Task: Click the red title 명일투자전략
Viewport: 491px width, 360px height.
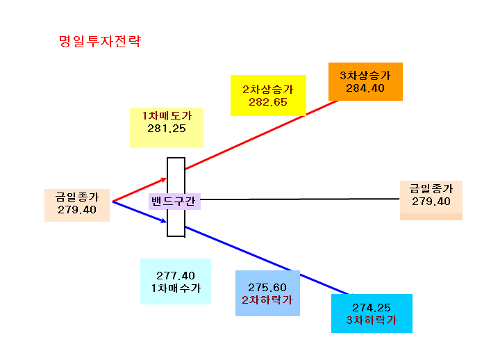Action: coord(100,42)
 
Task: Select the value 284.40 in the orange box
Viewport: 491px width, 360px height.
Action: coord(365,88)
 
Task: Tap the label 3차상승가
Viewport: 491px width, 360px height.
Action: coord(365,75)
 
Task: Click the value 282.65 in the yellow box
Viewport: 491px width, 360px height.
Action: coord(268,102)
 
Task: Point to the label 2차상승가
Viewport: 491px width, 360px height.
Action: coord(268,89)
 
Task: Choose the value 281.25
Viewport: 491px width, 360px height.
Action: coord(167,129)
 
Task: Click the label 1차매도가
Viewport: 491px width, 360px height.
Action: coord(167,115)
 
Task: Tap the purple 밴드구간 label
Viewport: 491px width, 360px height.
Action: coord(174,201)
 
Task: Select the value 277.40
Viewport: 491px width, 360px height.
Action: coord(176,276)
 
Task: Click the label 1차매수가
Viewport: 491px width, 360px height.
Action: coord(176,288)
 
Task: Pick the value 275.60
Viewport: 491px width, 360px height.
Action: coord(267,288)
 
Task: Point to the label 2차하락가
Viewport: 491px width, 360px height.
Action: coord(267,300)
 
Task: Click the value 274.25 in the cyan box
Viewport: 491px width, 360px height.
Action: coord(372,308)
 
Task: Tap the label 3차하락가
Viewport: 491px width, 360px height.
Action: coord(372,320)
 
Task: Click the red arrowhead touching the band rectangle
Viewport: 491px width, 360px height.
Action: coord(163,179)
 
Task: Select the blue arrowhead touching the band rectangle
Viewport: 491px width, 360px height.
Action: coord(163,220)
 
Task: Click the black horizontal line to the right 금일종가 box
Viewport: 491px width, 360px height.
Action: coord(300,199)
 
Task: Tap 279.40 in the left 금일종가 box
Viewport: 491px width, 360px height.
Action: coord(77,210)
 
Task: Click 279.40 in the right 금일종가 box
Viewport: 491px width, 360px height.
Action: coord(431,202)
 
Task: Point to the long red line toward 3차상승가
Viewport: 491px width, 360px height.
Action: coord(262,135)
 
